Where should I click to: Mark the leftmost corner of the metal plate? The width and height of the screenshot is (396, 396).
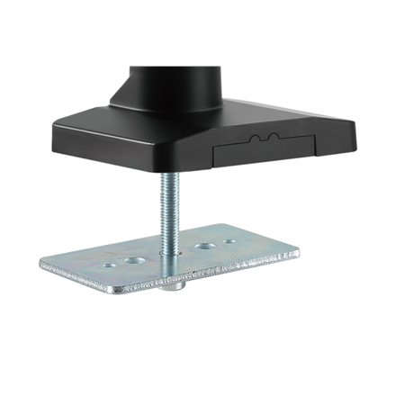click(41, 263)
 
